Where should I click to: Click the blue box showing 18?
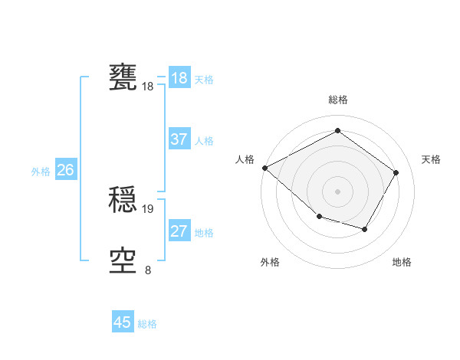coord(179,78)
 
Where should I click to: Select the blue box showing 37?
coord(179,140)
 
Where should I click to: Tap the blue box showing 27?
coord(179,231)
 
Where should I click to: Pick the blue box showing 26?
coord(65,170)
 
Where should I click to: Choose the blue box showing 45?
coord(123,322)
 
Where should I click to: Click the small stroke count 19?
coord(148,208)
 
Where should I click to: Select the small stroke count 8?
coord(148,270)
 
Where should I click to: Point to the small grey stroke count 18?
coord(148,87)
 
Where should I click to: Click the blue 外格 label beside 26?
coord(41,172)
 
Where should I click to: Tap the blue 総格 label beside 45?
coord(147,324)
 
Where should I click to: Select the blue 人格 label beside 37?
coord(204,141)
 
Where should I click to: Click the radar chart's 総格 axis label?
coord(337,100)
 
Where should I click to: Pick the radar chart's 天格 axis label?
coord(431,159)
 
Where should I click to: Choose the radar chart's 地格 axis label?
coord(402,262)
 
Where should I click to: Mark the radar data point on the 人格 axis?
coord(264,168)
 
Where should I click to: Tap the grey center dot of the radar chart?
coord(337,191)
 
